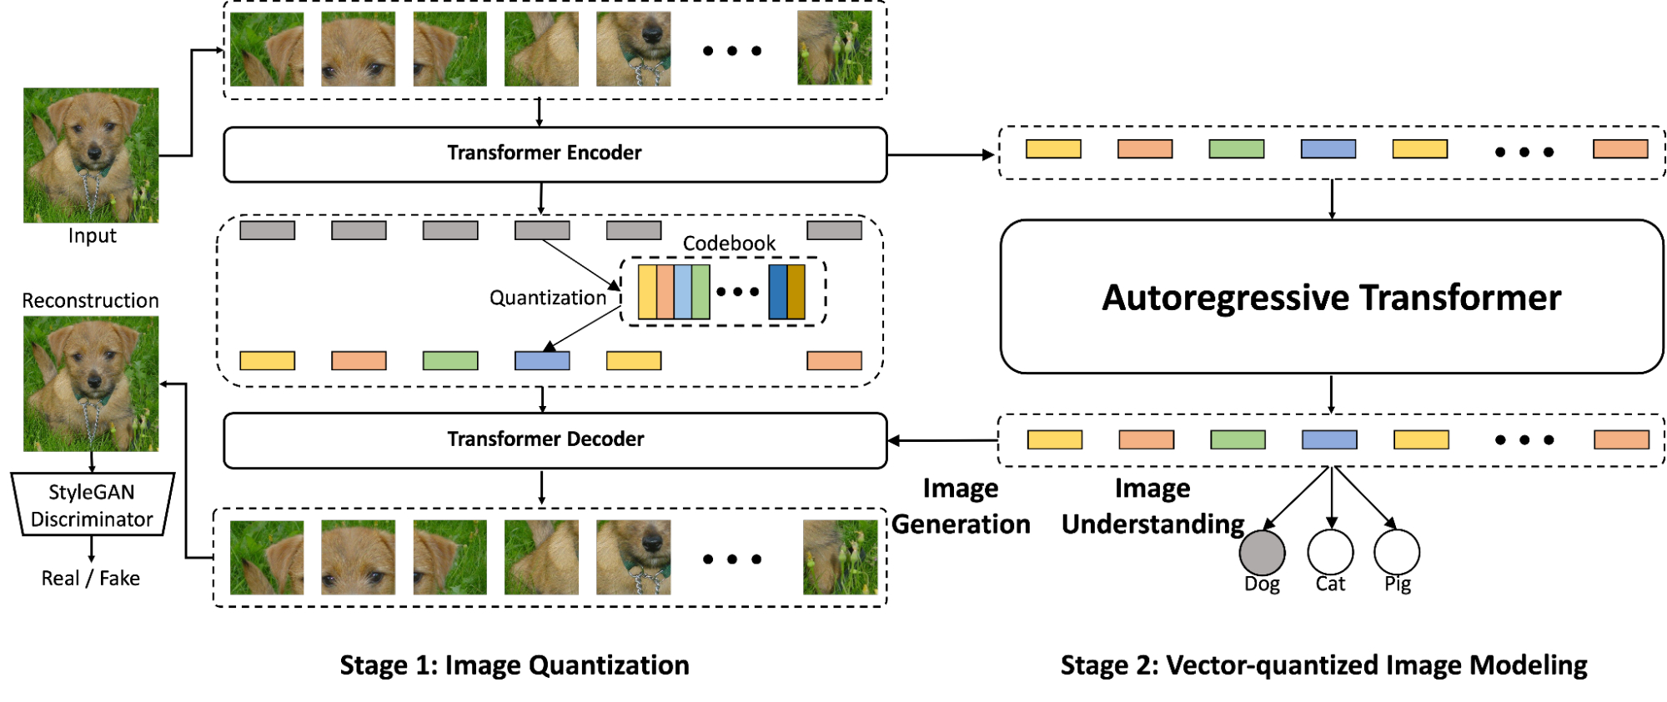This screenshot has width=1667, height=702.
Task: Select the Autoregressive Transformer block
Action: click(x=1332, y=297)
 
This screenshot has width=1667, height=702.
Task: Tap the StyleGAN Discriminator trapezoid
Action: click(x=92, y=505)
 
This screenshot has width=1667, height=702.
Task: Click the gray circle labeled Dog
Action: click(x=1262, y=552)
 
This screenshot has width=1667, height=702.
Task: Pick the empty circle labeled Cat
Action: click(x=1330, y=552)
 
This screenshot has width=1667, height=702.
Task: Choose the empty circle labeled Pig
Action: click(x=1397, y=552)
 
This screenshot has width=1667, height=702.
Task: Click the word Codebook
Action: click(x=729, y=243)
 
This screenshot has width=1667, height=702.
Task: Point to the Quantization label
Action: click(x=548, y=298)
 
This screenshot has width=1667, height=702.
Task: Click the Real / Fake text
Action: click(x=91, y=579)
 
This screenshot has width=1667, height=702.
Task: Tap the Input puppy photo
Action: click(x=91, y=155)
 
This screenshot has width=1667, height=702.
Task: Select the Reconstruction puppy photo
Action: click(x=91, y=384)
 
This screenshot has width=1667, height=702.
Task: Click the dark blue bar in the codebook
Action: click(x=777, y=292)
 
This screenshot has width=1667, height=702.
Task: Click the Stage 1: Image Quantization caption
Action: click(x=515, y=665)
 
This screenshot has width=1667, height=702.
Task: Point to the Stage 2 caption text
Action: click(x=1323, y=665)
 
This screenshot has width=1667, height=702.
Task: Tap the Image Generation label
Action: click(x=961, y=506)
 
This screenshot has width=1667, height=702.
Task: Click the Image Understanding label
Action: click(x=1152, y=506)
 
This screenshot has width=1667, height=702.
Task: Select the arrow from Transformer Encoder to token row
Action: click(x=942, y=155)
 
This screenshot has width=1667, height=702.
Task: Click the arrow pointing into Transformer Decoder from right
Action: click(x=942, y=440)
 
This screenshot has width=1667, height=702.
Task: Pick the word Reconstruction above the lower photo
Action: click(x=90, y=301)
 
